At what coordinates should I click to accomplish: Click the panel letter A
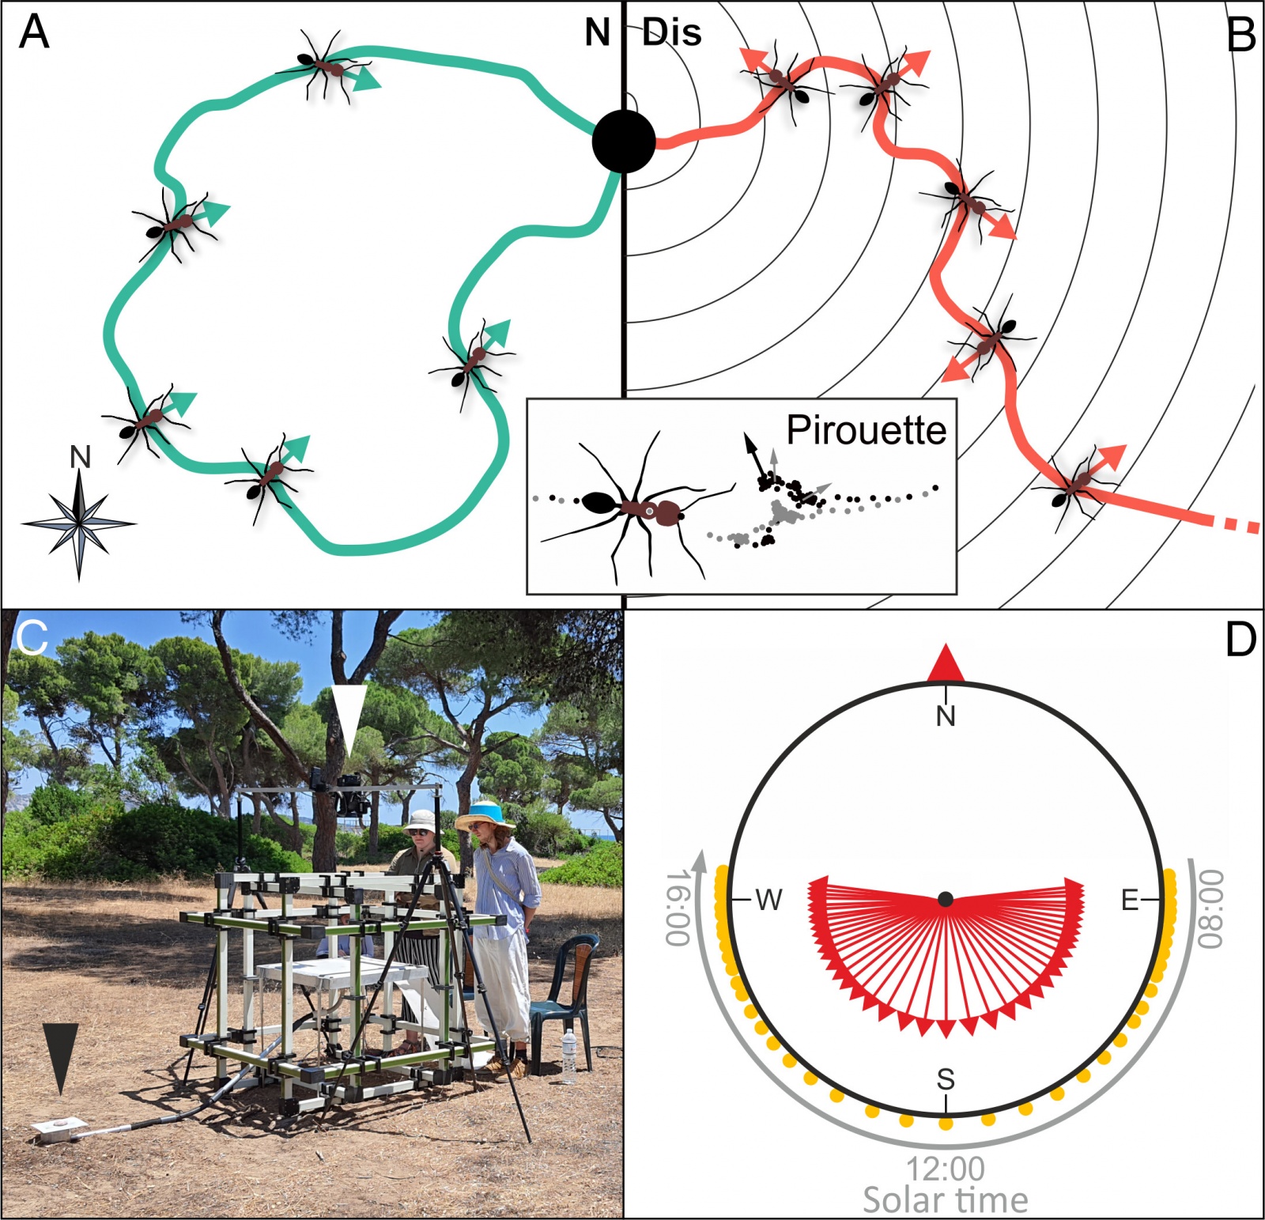34,32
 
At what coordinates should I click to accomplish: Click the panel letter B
1240,36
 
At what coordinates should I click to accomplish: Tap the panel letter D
1240,640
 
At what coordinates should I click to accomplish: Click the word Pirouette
866,430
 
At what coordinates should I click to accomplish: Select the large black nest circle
624,142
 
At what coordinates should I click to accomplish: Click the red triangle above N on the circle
946,664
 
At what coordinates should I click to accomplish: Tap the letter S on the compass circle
946,1078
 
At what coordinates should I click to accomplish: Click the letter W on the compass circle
768,900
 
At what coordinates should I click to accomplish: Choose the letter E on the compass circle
1130,900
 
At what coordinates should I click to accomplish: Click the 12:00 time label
946,1169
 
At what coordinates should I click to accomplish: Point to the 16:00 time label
678,907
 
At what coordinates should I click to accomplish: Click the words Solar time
946,1200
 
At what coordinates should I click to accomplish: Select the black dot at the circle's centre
946,899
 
